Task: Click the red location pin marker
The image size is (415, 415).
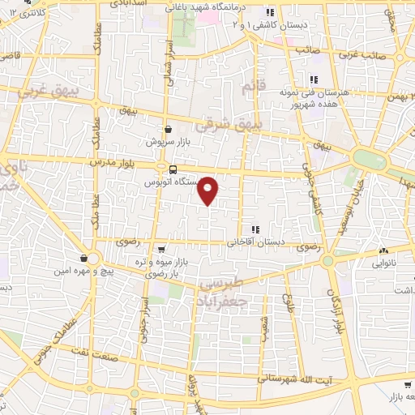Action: (x=209, y=190)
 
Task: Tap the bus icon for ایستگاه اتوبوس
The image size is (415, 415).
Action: (x=173, y=169)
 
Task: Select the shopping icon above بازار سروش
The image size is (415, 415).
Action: (x=168, y=129)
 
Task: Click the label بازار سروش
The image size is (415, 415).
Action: (x=168, y=141)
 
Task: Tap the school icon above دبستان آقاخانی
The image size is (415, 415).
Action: (x=255, y=229)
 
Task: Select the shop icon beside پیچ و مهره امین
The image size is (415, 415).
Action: (x=83, y=259)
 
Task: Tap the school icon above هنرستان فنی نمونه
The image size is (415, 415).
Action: (x=313, y=79)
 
